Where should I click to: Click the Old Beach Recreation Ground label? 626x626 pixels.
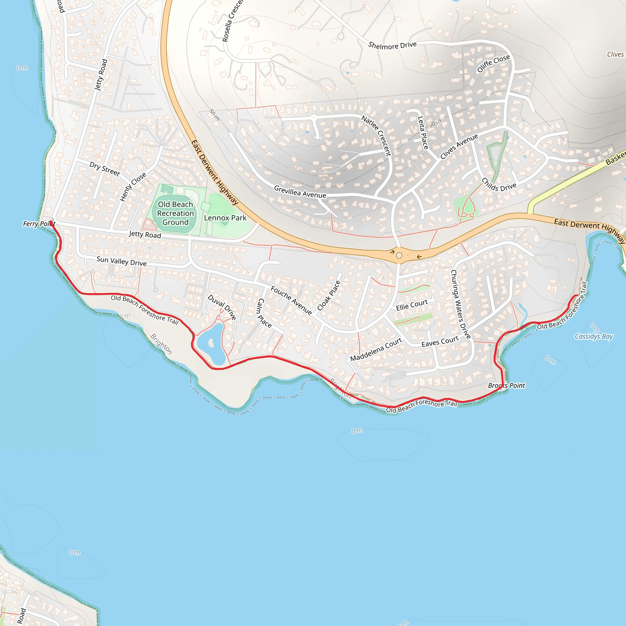(x=175, y=213)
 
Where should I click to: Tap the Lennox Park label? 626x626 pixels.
(x=225, y=218)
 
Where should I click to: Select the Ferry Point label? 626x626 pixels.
(x=39, y=223)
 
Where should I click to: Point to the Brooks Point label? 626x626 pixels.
(x=506, y=385)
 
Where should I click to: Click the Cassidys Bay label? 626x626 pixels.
(x=594, y=336)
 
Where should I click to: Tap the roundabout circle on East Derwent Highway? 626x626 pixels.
(x=399, y=255)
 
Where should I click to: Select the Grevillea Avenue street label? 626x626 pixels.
(x=300, y=191)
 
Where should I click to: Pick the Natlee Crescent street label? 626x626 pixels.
(x=377, y=136)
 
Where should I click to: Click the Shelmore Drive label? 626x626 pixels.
(x=392, y=45)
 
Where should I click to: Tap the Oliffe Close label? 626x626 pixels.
(x=493, y=64)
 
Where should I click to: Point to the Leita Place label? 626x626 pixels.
(x=423, y=133)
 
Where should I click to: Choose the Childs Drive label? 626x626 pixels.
(x=499, y=185)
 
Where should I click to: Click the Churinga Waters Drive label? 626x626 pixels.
(x=460, y=304)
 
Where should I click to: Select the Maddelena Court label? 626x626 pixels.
(x=376, y=350)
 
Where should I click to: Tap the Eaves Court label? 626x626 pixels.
(x=440, y=341)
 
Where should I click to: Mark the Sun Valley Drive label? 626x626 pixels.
(x=122, y=261)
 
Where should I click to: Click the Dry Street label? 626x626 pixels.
(x=105, y=168)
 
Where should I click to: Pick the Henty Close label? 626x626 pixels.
(x=133, y=187)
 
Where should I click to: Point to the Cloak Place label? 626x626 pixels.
(x=329, y=296)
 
